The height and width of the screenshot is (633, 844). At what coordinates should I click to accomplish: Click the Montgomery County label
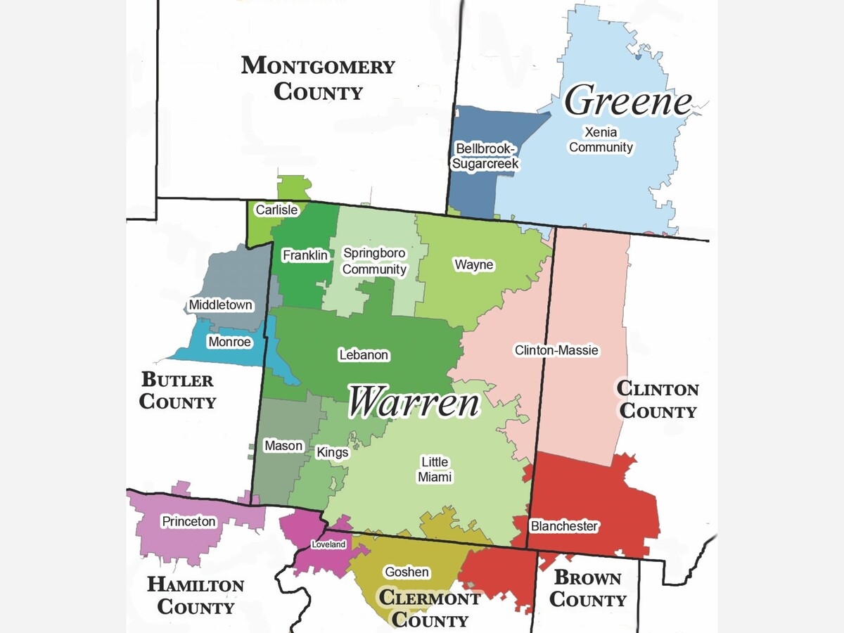[x=318, y=79]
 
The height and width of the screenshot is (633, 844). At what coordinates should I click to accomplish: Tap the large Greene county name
[x=628, y=101]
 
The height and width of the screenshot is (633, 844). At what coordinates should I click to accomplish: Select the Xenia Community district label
[x=601, y=139]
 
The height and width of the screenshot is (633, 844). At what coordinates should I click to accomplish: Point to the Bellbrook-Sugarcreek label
[x=487, y=156]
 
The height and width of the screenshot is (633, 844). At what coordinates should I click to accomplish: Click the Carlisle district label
[x=276, y=210]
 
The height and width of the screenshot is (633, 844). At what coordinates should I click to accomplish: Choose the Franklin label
[x=305, y=255]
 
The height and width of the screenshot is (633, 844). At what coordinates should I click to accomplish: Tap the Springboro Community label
[x=374, y=261]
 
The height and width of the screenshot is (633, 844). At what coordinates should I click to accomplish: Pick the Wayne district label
[x=473, y=265]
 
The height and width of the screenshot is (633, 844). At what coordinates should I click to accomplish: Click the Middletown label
[x=220, y=305]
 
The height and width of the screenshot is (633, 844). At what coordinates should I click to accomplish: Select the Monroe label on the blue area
[x=229, y=342]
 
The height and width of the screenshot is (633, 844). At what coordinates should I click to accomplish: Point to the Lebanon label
[x=363, y=355]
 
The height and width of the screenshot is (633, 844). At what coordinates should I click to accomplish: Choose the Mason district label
[x=283, y=446]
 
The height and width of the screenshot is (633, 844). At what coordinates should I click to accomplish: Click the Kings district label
[x=332, y=452]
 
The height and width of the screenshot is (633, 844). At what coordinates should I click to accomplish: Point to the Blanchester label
[x=564, y=526]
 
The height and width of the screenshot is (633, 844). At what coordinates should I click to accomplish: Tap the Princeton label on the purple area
[x=188, y=522]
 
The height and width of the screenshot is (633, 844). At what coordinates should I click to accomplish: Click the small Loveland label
[x=328, y=544]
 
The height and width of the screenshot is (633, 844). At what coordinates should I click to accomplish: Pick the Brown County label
[x=587, y=589]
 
